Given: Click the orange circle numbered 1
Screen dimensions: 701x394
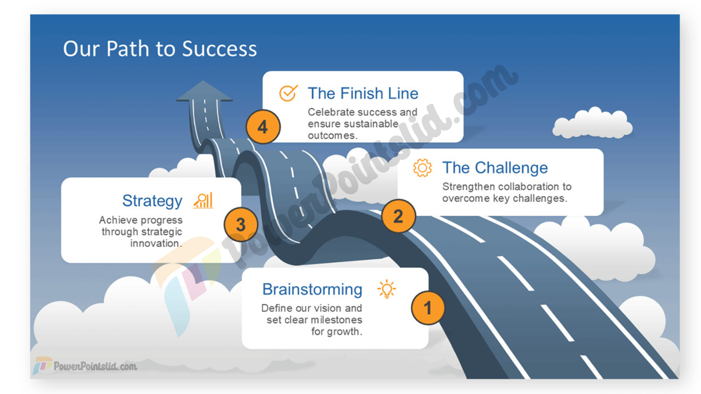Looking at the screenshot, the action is point(428,308).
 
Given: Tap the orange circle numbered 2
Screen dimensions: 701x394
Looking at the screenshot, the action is point(398,216).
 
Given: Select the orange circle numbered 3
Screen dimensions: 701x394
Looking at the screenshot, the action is point(241,224).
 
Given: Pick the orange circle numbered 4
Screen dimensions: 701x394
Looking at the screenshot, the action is point(263,127).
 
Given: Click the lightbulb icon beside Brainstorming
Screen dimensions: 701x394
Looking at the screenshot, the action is point(387,289).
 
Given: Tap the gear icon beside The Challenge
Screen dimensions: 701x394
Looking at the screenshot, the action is point(422,168).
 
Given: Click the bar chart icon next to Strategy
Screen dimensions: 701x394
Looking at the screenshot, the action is point(203,201).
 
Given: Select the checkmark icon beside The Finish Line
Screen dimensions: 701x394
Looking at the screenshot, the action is point(288,93).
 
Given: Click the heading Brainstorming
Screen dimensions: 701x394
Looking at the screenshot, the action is point(313,289).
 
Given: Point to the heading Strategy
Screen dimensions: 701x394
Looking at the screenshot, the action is point(152,201).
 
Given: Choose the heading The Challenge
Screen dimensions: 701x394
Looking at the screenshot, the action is point(495,168).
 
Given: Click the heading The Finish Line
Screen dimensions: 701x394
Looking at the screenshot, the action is point(363,93).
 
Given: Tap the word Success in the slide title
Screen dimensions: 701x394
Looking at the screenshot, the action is point(219,49).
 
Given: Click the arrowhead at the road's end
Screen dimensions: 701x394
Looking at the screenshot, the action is point(204,91).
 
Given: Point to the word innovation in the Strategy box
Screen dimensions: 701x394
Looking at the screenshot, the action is point(155,243).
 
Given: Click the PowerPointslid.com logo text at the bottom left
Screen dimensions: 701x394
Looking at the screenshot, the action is point(95,366).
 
